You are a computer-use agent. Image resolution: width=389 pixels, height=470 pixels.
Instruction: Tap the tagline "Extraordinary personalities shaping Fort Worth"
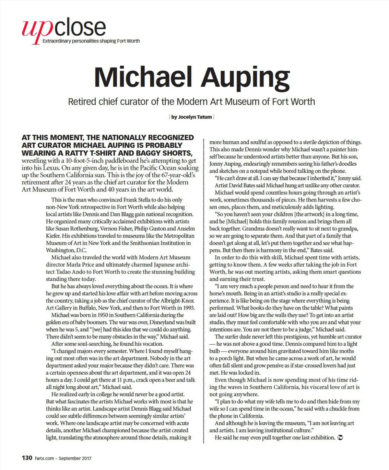click(x=91, y=41)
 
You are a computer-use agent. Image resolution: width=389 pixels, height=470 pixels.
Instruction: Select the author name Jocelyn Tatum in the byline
click(x=192, y=117)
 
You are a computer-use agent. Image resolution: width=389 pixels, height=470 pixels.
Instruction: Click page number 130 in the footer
click(x=27, y=458)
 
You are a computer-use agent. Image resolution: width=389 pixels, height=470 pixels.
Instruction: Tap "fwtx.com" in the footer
click(x=44, y=458)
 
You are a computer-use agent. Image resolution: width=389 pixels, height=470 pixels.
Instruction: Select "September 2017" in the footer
click(x=75, y=458)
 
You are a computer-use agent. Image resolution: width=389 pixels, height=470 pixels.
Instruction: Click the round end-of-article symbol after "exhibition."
click(x=340, y=438)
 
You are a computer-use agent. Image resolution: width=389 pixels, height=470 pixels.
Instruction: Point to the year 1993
click(x=188, y=308)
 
